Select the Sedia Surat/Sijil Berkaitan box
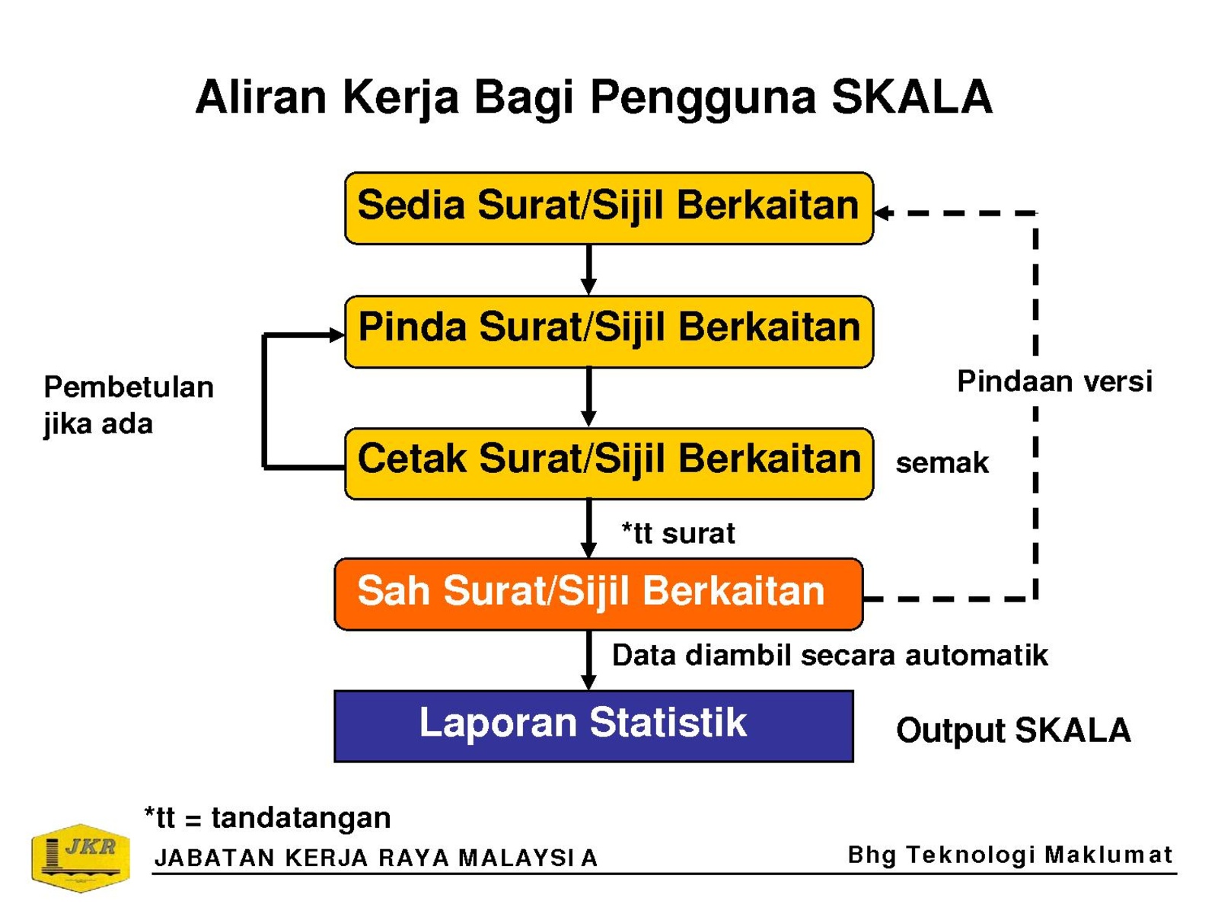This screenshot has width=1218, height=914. pos(609,208)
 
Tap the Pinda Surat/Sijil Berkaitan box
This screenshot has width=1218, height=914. pos(609,331)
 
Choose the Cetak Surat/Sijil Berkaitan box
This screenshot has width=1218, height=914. pos(609,463)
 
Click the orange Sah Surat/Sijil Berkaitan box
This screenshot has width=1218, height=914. pos(598,594)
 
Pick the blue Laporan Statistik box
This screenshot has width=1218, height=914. pos(593,726)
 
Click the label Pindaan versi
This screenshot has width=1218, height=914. pos(1054,382)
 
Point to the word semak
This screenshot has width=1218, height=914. pos(942,463)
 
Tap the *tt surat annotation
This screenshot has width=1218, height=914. pos(678,532)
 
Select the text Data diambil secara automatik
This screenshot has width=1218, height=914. pos(830,655)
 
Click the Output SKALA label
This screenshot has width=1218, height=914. pos(1013,730)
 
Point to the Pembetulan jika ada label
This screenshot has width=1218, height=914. pos(128,406)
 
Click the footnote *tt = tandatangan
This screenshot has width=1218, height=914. pos(267,817)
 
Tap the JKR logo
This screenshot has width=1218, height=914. pos(81,858)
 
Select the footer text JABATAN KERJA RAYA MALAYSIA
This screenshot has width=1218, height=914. pos(375,858)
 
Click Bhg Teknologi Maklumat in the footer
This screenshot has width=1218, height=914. pos(1010,855)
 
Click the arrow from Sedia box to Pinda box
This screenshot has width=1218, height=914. pos(588,270)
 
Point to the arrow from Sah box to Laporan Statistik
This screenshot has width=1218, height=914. pos(588,660)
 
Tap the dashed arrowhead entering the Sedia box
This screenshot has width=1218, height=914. pos(882,213)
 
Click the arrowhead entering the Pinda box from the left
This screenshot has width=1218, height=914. pos(336,335)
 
